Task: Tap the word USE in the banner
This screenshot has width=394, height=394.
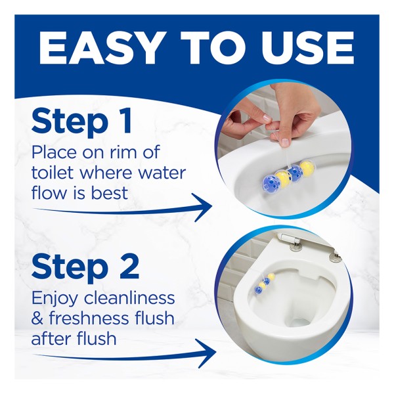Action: (307, 48)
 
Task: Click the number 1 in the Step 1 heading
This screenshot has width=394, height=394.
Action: (125, 121)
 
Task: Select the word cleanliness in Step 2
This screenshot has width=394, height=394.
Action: (129, 297)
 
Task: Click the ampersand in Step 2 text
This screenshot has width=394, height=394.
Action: (37, 318)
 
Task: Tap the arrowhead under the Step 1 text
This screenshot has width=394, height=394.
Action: (202, 208)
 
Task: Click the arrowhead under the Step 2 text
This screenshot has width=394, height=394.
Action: (206, 353)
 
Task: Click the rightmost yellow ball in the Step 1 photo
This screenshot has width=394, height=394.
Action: (307, 168)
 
